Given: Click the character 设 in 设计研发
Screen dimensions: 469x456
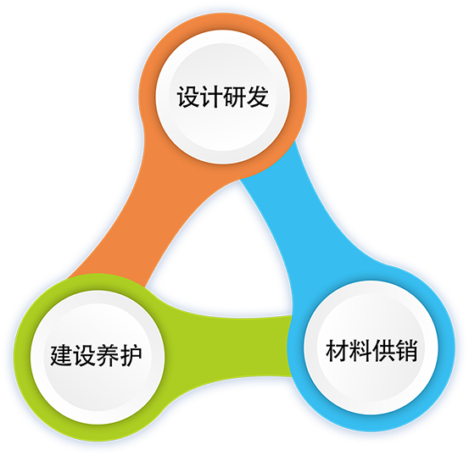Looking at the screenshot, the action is (188, 97).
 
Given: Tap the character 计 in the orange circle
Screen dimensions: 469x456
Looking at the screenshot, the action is (211, 97).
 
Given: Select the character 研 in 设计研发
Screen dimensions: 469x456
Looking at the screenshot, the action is (234, 97).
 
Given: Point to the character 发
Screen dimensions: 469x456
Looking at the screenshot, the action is (257, 97).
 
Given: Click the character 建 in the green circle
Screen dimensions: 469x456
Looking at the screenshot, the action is (62, 355).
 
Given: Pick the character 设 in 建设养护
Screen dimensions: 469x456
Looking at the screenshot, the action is (85, 355).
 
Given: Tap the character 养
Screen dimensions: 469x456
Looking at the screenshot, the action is (108, 355).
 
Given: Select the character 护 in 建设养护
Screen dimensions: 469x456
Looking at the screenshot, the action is (131, 355).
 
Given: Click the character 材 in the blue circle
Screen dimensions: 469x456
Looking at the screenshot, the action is (337, 350).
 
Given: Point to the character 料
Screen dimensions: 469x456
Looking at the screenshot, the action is (360, 350).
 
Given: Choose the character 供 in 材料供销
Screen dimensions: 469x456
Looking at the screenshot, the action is (383, 350).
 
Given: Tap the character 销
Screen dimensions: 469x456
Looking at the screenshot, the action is (406, 350).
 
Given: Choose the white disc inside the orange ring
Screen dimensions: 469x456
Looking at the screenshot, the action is (222, 97).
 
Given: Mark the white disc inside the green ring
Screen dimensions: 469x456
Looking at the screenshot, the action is (98, 357).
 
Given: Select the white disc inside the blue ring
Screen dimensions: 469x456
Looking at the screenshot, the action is (371, 348).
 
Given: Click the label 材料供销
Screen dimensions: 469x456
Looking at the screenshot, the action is (371, 350).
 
